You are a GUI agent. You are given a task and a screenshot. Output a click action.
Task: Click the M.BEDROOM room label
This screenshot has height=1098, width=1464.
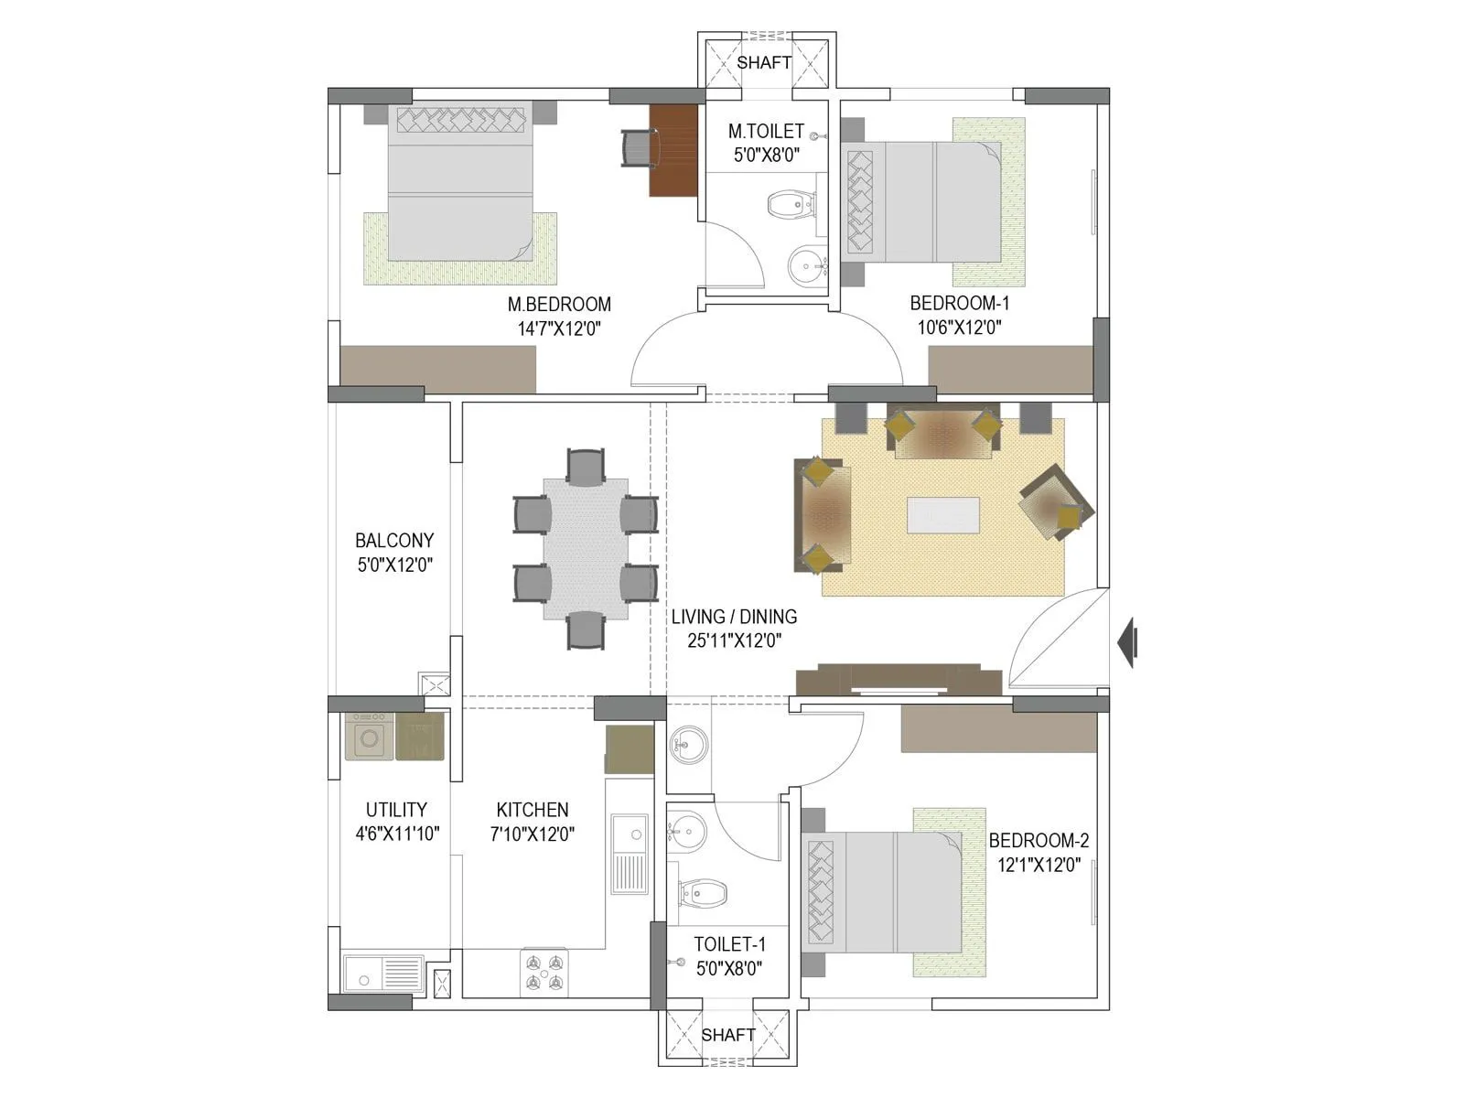pyautogui.click(x=559, y=304)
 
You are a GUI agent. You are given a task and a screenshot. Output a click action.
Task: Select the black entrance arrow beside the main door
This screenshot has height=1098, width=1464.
pyautogui.click(x=1127, y=642)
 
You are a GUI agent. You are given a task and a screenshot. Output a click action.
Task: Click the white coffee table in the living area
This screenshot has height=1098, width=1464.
pyautogui.click(x=942, y=514)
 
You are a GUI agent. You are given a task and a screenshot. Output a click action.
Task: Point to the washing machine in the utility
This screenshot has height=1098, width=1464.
pyautogui.click(x=369, y=737)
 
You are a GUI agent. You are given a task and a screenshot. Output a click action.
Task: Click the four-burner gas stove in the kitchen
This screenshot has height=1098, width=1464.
pyautogui.click(x=544, y=973)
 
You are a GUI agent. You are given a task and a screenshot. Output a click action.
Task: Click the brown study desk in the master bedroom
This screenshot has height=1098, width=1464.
pyautogui.click(x=673, y=150)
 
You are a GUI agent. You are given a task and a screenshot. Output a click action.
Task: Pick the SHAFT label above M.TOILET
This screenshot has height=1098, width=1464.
pyautogui.click(x=764, y=62)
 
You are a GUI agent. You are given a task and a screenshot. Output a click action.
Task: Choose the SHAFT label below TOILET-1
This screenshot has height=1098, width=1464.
pyautogui.click(x=727, y=1035)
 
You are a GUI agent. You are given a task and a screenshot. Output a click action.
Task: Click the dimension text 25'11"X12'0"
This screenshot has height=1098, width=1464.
pyautogui.click(x=735, y=640)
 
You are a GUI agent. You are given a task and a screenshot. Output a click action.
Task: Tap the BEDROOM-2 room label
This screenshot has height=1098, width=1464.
pyautogui.click(x=1039, y=840)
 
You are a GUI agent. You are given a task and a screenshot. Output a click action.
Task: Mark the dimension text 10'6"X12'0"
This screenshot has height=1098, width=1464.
pyautogui.click(x=959, y=328)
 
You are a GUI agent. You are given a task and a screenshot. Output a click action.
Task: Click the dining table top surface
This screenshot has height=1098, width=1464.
pyautogui.click(x=586, y=548)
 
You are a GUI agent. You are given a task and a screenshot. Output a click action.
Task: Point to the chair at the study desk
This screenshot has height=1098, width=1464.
pyautogui.click(x=639, y=148)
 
